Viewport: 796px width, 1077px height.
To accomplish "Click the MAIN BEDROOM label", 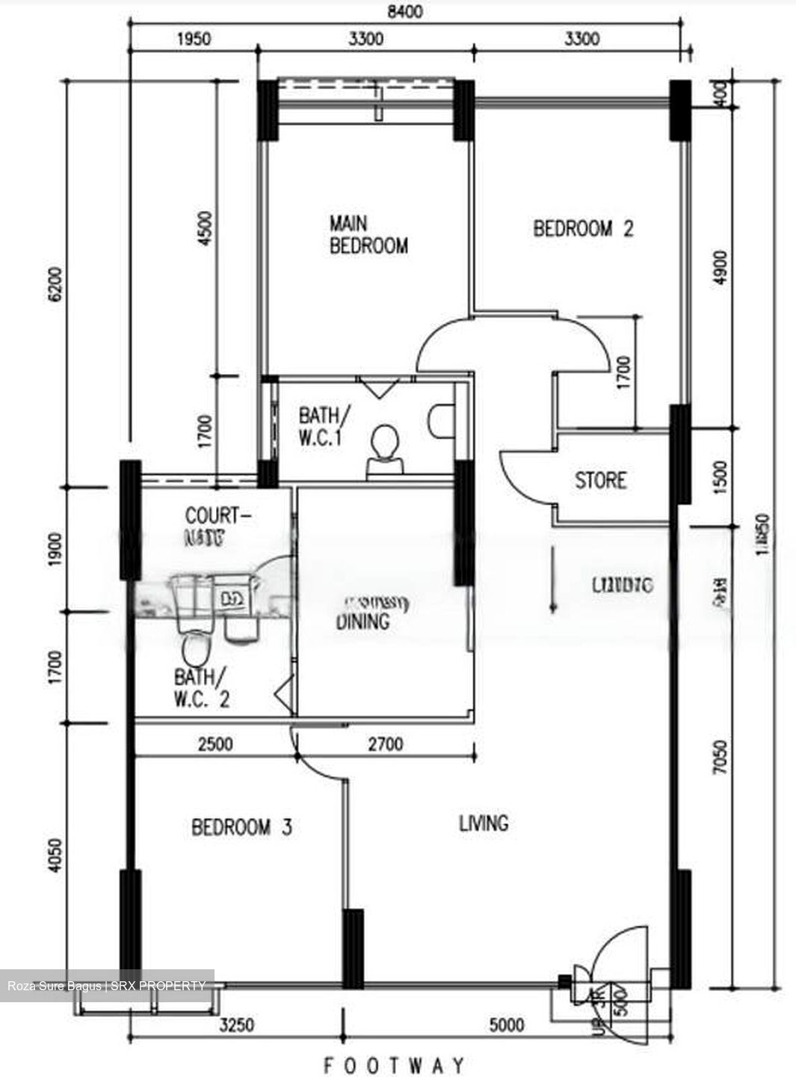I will point(368,234).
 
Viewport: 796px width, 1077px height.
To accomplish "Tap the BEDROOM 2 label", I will point(583,228).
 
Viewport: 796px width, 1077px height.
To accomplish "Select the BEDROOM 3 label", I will point(241,827).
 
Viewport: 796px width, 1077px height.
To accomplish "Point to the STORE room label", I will point(600,479).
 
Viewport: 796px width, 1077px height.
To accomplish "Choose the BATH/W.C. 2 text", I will point(202,688).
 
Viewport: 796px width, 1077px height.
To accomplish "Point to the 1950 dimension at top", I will point(193,38).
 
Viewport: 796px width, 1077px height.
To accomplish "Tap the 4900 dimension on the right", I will point(721,268).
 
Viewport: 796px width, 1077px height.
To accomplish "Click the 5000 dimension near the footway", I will point(506,1024).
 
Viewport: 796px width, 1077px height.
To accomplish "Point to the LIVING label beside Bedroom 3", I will point(484,823).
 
